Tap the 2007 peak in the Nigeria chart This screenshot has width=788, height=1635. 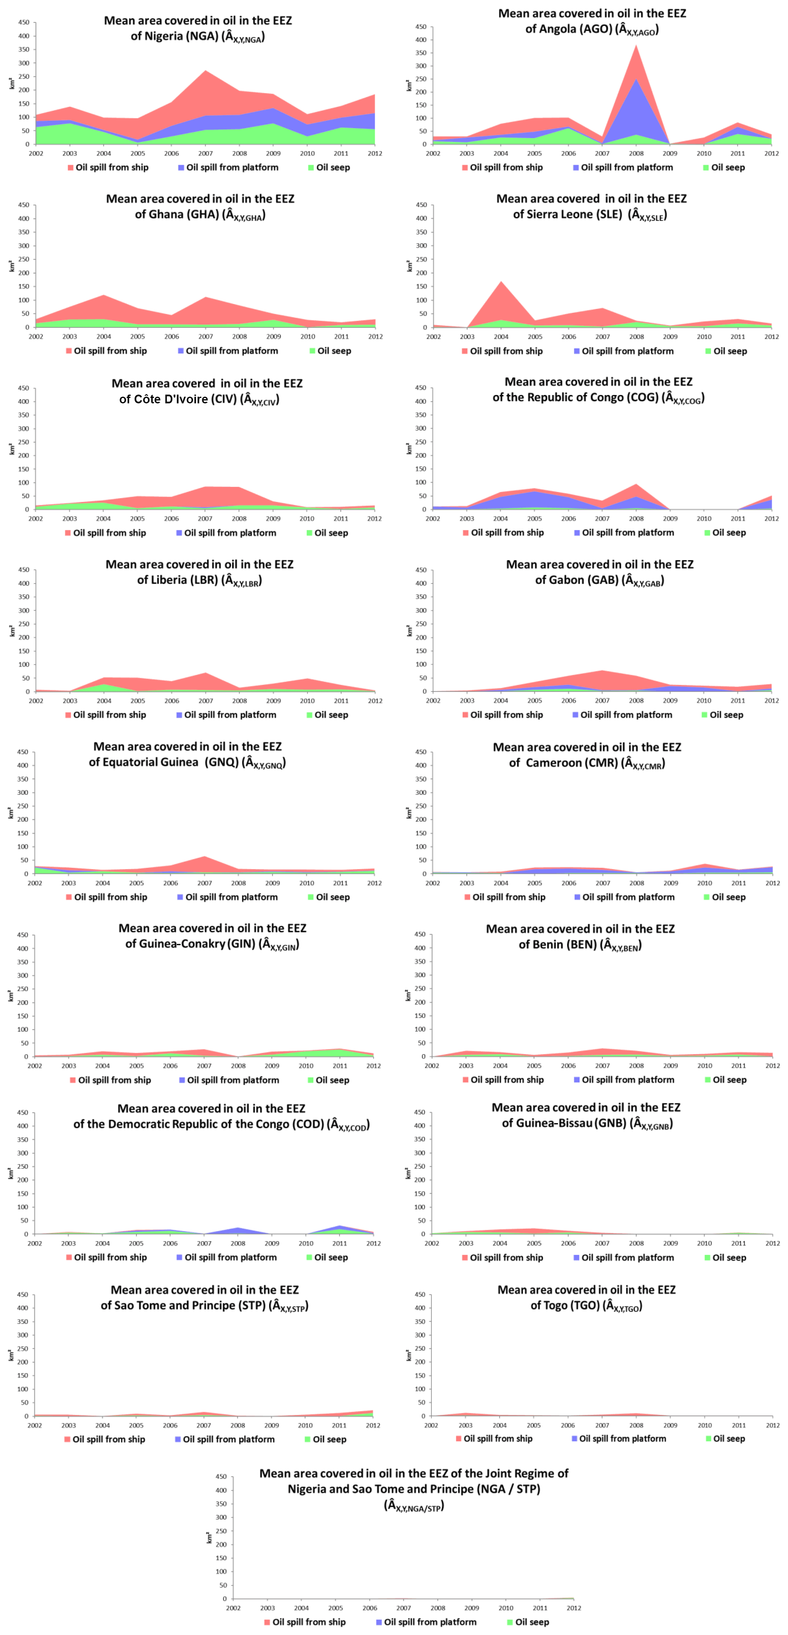[x=205, y=70]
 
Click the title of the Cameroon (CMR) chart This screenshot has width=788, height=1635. [x=587, y=755]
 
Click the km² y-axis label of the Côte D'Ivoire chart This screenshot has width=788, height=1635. [x=11, y=449]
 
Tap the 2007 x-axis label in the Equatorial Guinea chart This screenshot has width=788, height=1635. [x=204, y=883]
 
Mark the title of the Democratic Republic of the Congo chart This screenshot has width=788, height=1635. [x=221, y=1116]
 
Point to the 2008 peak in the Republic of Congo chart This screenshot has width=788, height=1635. [x=636, y=485]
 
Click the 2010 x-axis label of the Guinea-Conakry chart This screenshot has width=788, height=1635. [x=305, y=1066]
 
